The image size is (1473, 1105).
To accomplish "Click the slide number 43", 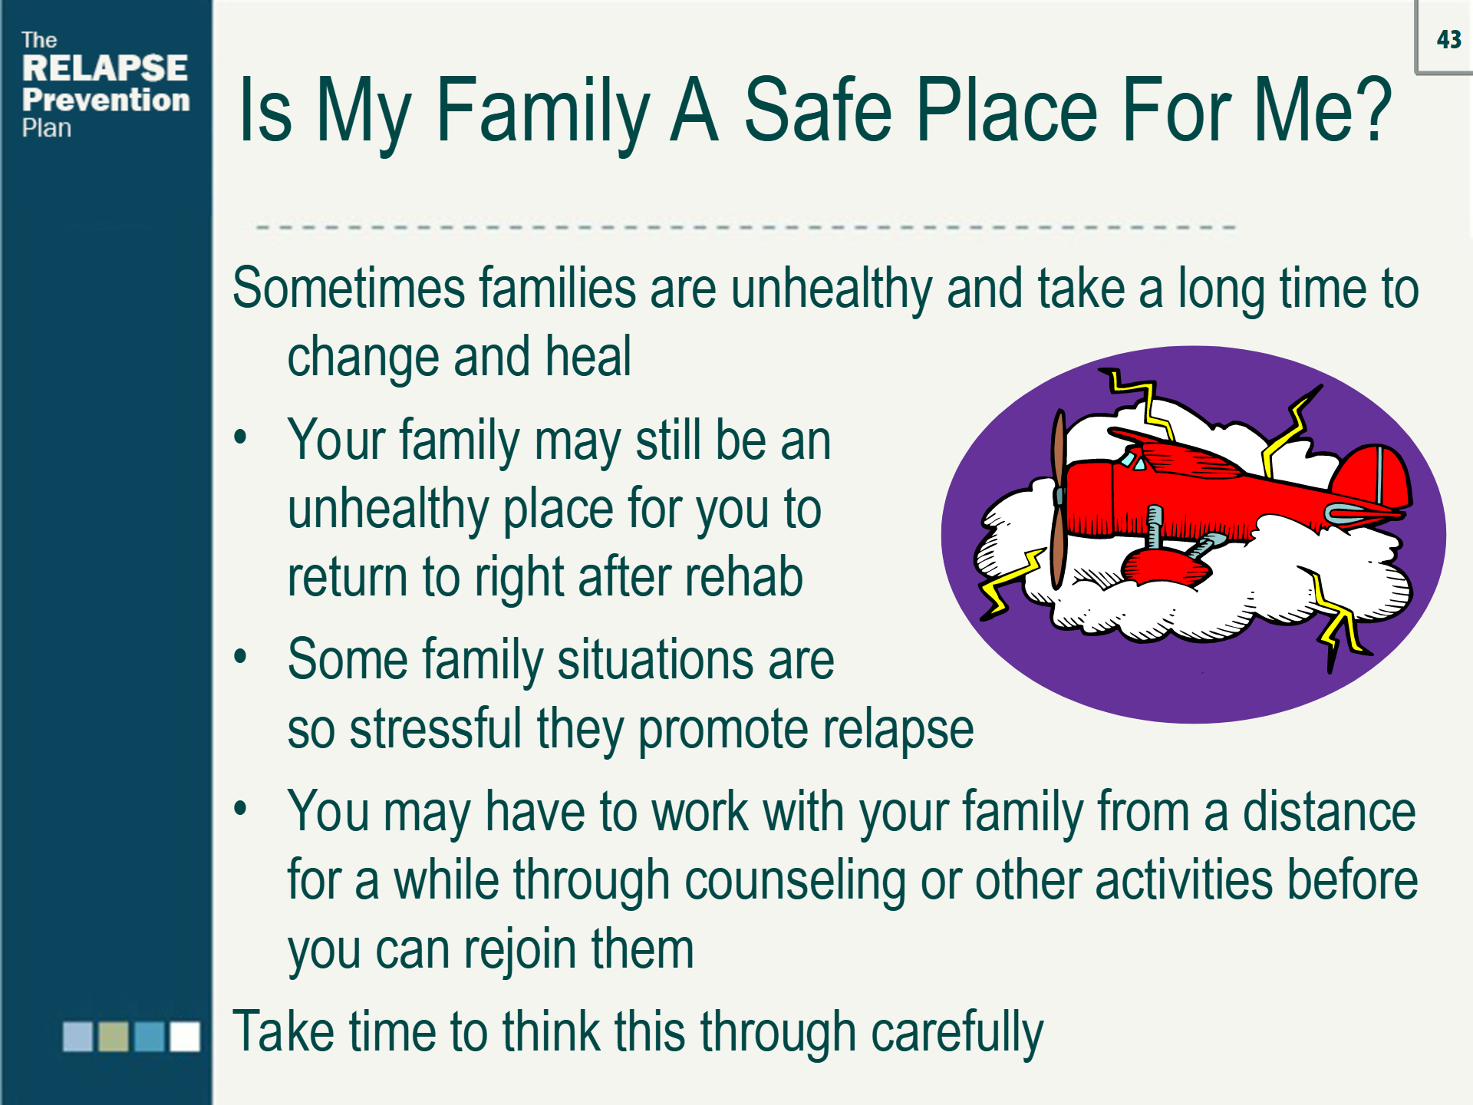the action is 1448,39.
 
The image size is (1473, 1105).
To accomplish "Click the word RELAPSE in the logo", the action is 105,68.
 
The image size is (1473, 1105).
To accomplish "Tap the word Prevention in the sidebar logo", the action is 106,100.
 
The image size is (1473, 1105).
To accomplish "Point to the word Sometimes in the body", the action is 349,289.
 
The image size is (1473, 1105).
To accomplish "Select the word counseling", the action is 796,880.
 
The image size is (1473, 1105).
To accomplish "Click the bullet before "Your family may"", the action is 241,437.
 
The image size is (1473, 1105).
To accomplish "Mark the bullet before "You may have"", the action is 241,809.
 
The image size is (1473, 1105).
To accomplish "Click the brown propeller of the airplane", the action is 1059,499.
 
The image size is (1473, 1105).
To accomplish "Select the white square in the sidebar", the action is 185,1036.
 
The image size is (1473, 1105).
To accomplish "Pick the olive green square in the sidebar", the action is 114,1036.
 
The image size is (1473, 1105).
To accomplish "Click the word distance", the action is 1330,811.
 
